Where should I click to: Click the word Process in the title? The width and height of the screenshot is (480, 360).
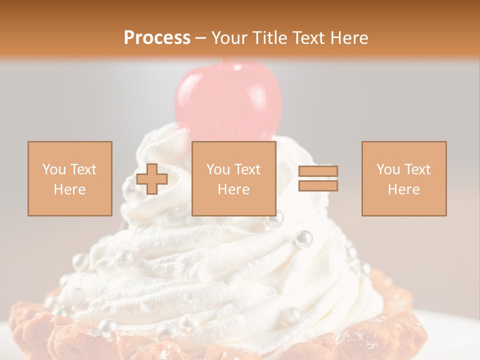click(157, 38)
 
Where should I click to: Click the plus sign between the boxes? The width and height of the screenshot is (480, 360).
click(152, 179)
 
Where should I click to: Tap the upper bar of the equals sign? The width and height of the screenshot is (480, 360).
click(318, 171)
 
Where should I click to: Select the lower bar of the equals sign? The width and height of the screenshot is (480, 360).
click(318, 185)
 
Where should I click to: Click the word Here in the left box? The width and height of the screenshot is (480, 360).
click(69, 189)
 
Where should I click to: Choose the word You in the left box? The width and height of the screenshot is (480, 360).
click(53, 169)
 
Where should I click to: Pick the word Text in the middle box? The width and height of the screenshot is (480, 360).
click(247, 169)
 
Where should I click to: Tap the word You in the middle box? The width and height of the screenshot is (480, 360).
click(217, 169)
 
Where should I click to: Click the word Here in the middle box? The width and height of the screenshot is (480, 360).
click(233, 189)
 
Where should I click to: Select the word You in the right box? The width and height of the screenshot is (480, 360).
click(387, 169)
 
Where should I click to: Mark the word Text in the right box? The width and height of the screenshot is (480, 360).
click(417, 169)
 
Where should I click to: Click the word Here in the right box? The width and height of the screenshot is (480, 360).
click(403, 189)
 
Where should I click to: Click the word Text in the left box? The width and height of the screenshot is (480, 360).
click(83, 169)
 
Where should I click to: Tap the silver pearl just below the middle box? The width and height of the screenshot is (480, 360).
click(275, 219)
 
